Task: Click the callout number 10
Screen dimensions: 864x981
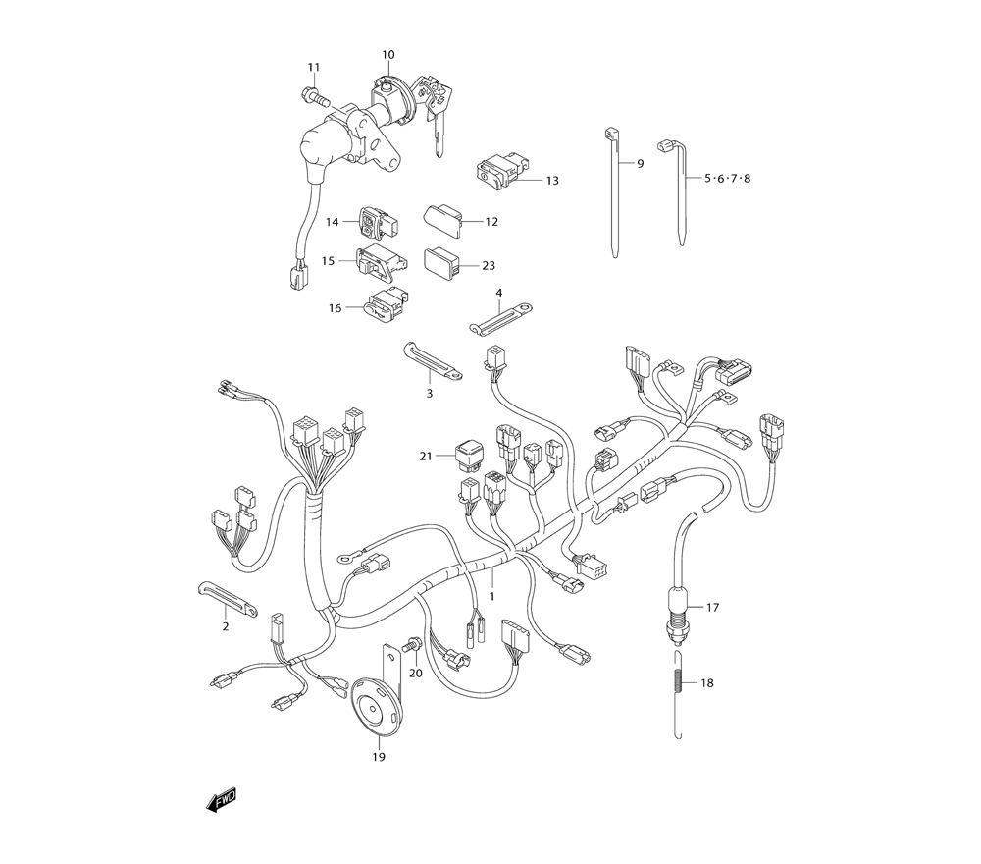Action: coord(387,54)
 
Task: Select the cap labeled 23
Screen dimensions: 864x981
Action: coord(442,261)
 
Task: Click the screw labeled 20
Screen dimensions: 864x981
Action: coord(412,646)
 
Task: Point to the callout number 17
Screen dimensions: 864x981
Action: coord(712,608)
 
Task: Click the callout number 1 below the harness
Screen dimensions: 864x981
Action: coord(491,596)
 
